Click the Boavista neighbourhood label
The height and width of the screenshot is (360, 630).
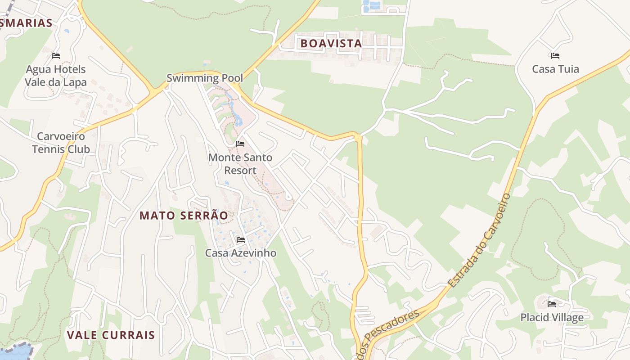click(x=331, y=43)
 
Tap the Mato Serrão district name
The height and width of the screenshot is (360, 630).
click(x=184, y=216)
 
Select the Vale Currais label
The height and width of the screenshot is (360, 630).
click(x=111, y=335)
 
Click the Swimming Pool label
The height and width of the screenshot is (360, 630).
click(x=205, y=78)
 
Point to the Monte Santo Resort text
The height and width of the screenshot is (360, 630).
click(x=240, y=164)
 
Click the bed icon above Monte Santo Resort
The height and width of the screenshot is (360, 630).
click(x=240, y=144)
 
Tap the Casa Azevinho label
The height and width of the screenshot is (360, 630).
click(x=241, y=253)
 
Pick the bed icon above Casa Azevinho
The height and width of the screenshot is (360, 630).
click(x=241, y=240)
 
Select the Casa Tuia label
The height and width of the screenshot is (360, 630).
click(x=555, y=69)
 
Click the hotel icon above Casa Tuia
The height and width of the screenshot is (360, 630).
click(x=555, y=56)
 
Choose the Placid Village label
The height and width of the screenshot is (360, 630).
click(x=552, y=317)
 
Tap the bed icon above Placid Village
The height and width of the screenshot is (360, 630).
click(x=552, y=304)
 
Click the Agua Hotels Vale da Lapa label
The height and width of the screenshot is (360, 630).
click(x=56, y=76)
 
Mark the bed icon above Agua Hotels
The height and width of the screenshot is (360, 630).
click(x=56, y=56)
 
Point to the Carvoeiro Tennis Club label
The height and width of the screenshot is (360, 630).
click(x=61, y=143)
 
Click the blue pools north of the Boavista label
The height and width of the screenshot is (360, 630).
click(x=372, y=6)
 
